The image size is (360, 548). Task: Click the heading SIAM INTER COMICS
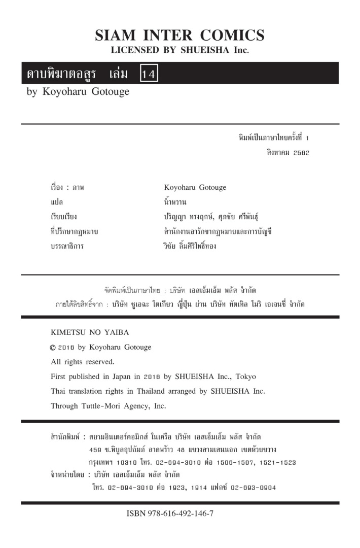click(x=180, y=35)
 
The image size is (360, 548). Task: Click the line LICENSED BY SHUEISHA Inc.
click(x=180, y=50)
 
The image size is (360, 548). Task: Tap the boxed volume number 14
click(x=150, y=74)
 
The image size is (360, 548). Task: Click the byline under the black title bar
click(x=78, y=92)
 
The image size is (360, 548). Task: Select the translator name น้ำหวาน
click(x=168, y=202)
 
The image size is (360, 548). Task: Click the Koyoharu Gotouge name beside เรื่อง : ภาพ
click(x=192, y=187)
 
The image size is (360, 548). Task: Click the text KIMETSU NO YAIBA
click(x=90, y=333)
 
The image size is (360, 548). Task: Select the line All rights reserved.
click(x=83, y=362)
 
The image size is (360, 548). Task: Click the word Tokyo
click(x=245, y=377)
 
